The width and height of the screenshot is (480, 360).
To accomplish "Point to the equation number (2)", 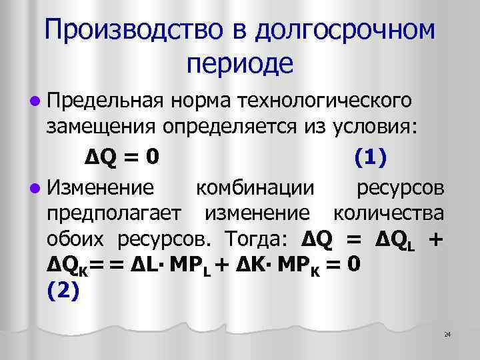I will [63, 292].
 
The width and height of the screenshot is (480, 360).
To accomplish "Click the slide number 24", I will [447, 333].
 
